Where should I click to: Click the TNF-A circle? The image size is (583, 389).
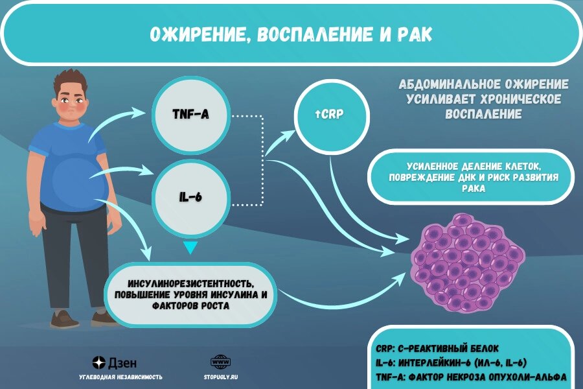coord(191,115)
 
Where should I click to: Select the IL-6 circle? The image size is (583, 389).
coord(191,198)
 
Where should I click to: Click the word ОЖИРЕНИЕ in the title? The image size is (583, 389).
coord(197,34)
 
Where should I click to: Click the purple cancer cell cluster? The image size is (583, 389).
coord(467,263)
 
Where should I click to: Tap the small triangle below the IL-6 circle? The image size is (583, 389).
coord(190,248)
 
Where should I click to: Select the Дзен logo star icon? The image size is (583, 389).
coord(99,362)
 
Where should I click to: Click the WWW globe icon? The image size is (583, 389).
coord(220,362)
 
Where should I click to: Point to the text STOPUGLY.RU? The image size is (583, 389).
coord(220,377)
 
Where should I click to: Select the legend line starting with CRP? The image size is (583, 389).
coord(437,349)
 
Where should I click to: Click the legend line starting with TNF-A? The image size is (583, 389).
coord(471,377)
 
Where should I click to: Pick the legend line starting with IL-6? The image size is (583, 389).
coord(451,363)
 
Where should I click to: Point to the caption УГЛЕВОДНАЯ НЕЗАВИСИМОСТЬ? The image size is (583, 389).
coord(121,377)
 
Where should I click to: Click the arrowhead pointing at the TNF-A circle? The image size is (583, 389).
coord(139,112)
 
